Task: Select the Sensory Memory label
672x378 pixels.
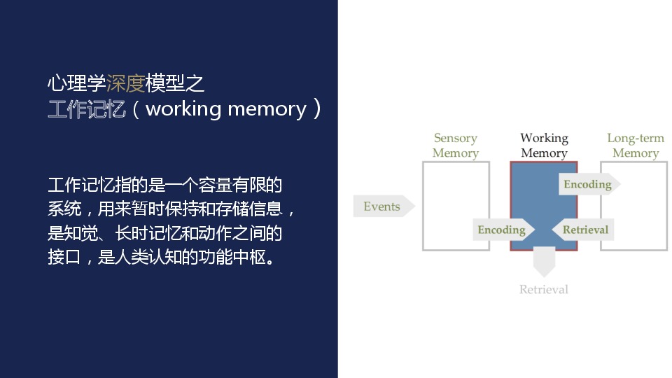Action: click(456, 146)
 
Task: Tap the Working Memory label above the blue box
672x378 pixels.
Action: click(545, 146)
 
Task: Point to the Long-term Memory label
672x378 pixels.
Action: click(636, 146)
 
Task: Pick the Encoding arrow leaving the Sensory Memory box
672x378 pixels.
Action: click(503, 230)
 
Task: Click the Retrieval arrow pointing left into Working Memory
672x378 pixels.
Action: click(583, 230)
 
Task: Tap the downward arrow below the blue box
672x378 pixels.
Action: click(544, 261)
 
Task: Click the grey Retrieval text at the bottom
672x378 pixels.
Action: click(543, 289)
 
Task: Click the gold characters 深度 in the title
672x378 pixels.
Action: click(125, 83)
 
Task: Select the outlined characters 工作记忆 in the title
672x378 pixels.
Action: click(87, 109)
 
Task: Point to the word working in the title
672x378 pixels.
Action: click(183, 110)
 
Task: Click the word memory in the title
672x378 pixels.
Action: click(267, 110)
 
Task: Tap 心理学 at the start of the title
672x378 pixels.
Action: click(77, 83)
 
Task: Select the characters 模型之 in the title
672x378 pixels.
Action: click(174, 83)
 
